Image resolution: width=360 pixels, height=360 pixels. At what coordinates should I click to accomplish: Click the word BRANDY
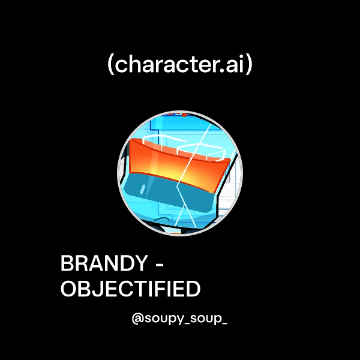tap(103, 264)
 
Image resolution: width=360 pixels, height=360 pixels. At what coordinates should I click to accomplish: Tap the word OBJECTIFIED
tap(130, 289)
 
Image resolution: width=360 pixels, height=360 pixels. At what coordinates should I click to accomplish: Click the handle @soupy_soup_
tap(179, 319)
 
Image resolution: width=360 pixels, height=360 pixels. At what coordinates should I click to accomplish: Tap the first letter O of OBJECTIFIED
tap(68, 289)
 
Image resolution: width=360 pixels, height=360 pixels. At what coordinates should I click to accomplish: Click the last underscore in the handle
tap(224, 323)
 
